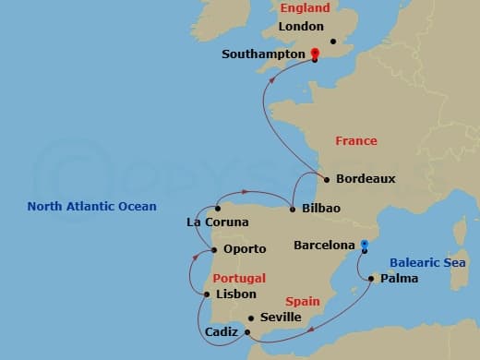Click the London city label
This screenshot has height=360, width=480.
301,28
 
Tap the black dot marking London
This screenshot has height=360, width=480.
333,41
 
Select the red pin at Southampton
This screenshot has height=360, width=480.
315,54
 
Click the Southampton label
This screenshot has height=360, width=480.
263,54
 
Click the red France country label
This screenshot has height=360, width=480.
356,141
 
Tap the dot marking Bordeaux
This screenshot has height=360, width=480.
326,179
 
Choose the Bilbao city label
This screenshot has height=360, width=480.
321,209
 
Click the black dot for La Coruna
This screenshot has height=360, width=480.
217,209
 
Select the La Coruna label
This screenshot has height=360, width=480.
218,222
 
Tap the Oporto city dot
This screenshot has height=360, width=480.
214,249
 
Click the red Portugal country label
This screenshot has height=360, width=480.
239,278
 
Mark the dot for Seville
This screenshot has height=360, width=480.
250,318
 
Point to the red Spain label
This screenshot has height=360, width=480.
303,302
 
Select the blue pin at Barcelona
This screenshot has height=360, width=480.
365,245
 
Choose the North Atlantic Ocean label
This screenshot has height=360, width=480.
92,207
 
